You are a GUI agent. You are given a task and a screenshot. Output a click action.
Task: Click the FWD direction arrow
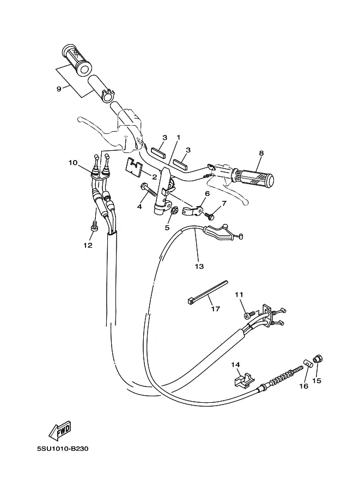point(59,431)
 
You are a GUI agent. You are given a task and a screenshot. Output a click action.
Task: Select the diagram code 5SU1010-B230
point(63,449)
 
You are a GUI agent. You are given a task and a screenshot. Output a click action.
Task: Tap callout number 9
point(59,89)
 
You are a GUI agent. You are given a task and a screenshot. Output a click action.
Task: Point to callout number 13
point(199,266)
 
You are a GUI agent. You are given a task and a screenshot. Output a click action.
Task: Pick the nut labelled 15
point(318,359)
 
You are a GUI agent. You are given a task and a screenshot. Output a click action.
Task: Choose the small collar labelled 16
point(307,363)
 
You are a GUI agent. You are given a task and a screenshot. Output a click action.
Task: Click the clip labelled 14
point(245,379)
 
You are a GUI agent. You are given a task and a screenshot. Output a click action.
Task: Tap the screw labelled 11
point(249,315)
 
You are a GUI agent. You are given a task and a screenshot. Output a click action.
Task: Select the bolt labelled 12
point(94,226)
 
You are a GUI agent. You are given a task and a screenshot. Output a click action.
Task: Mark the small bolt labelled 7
point(209,216)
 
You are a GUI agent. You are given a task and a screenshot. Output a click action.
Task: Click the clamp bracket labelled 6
point(193,210)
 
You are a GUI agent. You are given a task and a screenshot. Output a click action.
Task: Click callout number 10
point(73,163)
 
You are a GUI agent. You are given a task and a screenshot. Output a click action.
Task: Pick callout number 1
point(179,137)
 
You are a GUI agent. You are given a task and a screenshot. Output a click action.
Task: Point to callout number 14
point(235,365)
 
